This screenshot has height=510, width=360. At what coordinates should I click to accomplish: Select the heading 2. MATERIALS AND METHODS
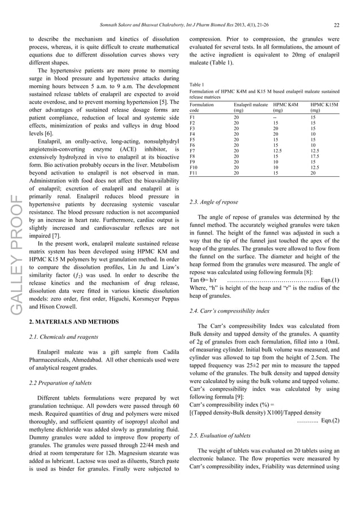tap(74, 322)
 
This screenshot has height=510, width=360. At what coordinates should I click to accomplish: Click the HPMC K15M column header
tap(325, 105)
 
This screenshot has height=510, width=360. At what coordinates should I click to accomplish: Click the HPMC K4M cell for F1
tap(275, 117)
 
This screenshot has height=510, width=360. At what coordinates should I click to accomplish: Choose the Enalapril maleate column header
tap(251, 105)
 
